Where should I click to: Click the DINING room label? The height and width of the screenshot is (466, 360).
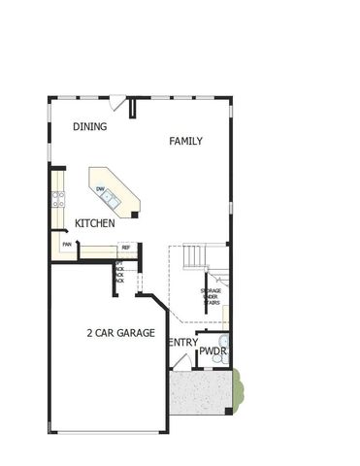[90, 126]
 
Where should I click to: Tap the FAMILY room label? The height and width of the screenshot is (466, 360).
[185, 141]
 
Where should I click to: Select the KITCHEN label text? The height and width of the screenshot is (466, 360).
[95, 223]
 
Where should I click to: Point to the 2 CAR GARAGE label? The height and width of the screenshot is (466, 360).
[120, 333]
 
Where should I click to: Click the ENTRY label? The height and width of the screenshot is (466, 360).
[182, 343]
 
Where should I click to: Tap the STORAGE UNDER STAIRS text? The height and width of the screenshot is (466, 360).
[211, 295]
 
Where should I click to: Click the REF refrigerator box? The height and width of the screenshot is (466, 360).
[126, 249]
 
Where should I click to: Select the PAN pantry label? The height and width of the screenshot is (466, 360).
[67, 244]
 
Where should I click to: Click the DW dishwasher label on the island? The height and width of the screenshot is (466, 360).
[100, 189]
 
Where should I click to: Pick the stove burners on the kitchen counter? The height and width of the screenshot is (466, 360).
[59, 199]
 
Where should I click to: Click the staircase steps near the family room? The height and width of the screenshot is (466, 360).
[194, 257]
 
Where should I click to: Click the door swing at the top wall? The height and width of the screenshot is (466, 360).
[115, 102]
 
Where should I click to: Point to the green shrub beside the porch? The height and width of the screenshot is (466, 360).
[240, 387]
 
